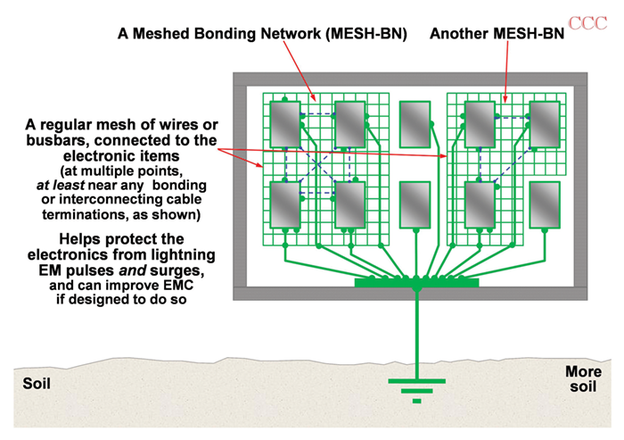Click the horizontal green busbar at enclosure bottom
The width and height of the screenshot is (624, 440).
[416, 283]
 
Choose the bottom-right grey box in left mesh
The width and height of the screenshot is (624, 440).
[349, 205]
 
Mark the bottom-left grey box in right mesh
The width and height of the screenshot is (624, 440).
[480, 205]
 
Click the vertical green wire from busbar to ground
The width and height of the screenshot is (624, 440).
[416, 330]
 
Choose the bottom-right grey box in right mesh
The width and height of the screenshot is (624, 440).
[545, 205]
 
